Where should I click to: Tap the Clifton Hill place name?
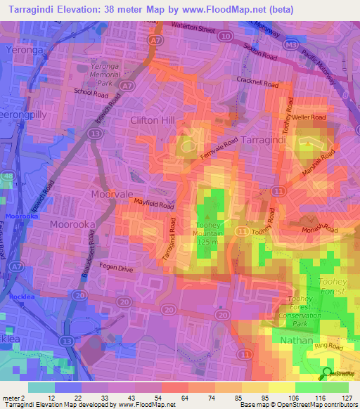pos(152,120)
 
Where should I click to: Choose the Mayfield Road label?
pos(154,204)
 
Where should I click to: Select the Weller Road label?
pos(309,117)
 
